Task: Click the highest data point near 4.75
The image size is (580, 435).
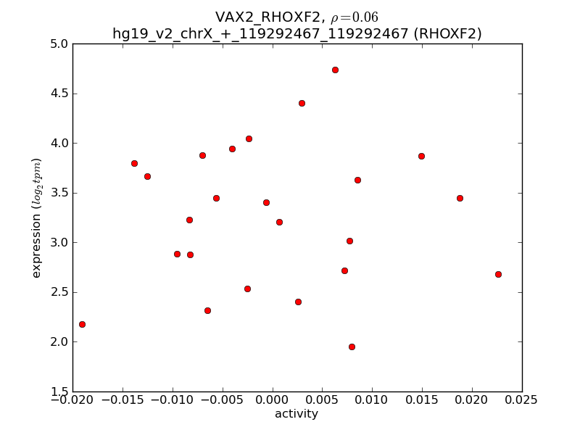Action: click(335, 70)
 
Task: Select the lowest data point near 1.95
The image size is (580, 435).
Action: click(352, 347)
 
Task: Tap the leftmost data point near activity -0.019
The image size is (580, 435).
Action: click(82, 324)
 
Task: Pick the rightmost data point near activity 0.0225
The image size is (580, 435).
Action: click(498, 274)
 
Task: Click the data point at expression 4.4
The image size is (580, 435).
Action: click(302, 103)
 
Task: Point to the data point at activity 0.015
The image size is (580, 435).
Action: click(421, 156)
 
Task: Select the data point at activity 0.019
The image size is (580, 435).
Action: click(460, 198)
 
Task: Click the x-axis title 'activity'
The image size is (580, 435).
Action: click(296, 414)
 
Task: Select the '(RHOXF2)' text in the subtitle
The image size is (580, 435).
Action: click(449, 33)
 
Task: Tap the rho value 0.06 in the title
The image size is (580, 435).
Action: click(365, 17)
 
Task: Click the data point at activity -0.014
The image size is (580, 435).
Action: click(134, 163)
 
